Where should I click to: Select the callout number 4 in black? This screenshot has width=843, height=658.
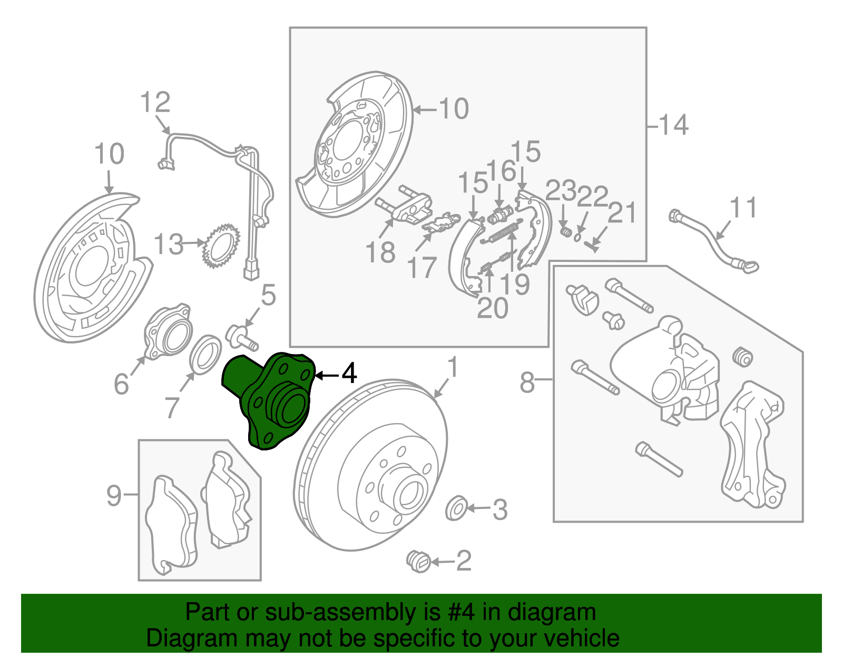[349, 374]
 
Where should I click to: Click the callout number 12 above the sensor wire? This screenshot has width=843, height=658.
[155, 102]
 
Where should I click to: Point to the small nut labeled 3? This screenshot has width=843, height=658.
[455, 508]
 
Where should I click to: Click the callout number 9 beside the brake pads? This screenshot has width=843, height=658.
[114, 496]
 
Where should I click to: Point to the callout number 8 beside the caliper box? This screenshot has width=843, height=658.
[527, 382]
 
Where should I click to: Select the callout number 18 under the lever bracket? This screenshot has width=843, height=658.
[380, 252]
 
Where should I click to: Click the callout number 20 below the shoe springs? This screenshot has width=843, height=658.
[492, 308]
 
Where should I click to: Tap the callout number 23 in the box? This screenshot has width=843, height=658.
[561, 191]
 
